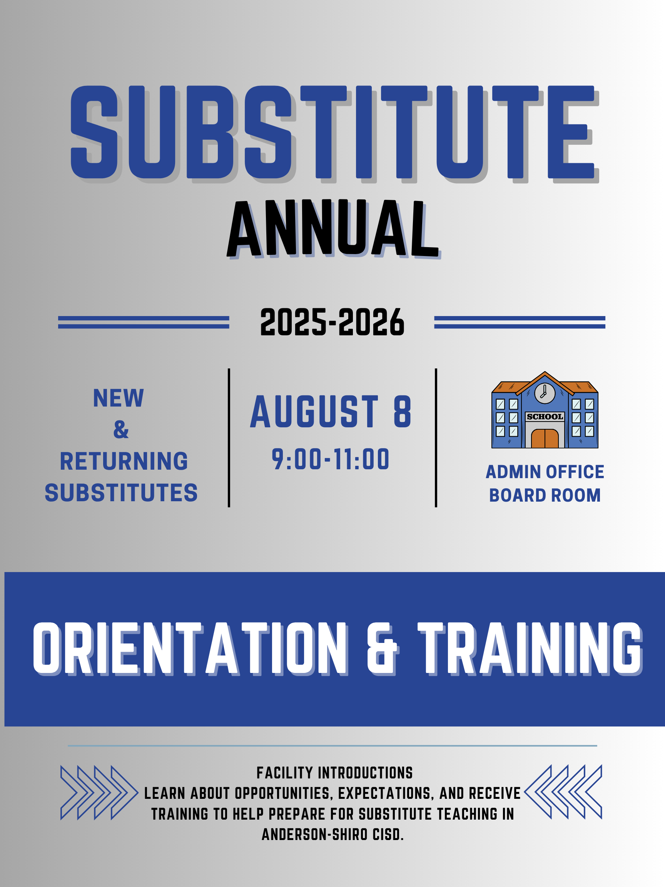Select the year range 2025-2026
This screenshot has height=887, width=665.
pos(332,322)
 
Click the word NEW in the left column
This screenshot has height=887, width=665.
pos(118,398)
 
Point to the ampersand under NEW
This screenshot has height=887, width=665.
pos(121,430)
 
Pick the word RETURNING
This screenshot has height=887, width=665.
pos(124,461)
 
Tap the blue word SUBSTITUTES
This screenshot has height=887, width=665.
pos(121,492)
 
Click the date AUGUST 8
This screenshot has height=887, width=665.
pos(331,412)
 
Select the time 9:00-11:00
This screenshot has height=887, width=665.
pos(331,459)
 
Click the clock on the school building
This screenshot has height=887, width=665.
pos(545,393)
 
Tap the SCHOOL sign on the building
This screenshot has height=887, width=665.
pos(545,417)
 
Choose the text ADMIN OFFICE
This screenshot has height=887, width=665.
pos(545,472)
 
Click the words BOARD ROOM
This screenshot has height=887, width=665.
pos(545,495)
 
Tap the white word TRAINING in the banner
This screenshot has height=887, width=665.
pos(530,649)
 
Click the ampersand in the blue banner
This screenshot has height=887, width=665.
pos(383,649)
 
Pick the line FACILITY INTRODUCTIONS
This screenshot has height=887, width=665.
pos(335,773)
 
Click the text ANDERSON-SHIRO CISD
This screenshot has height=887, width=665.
pos(333,835)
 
